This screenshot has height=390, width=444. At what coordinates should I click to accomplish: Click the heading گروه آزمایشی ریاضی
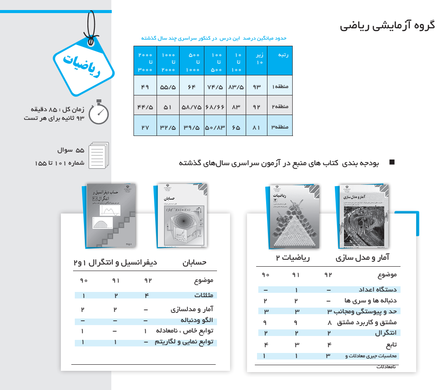point(387,25)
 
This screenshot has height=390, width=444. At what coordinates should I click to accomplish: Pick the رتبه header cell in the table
point(280,55)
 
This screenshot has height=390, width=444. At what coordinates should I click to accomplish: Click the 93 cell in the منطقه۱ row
point(257,87)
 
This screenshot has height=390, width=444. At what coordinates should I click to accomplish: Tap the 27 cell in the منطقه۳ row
point(145,127)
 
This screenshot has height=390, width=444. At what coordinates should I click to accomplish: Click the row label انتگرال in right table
point(386,333)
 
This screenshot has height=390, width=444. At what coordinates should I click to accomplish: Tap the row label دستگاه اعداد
point(378,290)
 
